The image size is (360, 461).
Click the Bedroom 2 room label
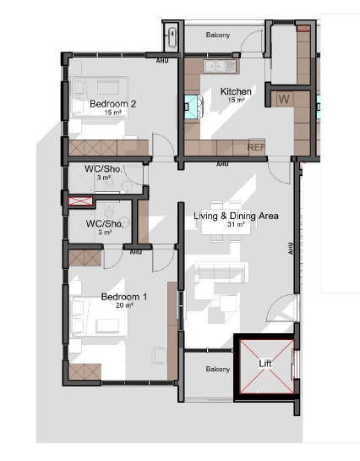[x=112, y=104]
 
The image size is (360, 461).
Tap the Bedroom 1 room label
[x=124, y=297]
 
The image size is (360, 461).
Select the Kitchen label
[x=236, y=91]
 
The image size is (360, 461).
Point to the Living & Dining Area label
[x=236, y=216]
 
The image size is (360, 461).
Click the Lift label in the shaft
[x=265, y=364]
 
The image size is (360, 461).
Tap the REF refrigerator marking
[x=256, y=147]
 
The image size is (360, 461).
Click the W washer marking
[x=284, y=99]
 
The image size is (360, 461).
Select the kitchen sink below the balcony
[x=220, y=67]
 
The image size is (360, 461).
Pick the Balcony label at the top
[x=217, y=35]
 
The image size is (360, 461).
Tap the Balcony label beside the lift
[x=217, y=369]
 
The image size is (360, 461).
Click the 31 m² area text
[x=236, y=224]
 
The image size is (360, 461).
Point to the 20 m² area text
[x=124, y=305]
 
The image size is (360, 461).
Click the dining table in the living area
[x=226, y=226]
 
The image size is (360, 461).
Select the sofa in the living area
[x=221, y=273]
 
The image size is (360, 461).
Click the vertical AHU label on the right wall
[x=291, y=249]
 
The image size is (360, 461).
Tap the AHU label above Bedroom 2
[x=162, y=61]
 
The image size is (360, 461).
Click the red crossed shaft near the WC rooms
[x=80, y=201]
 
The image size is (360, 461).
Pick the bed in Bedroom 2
[x=99, y=96]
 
